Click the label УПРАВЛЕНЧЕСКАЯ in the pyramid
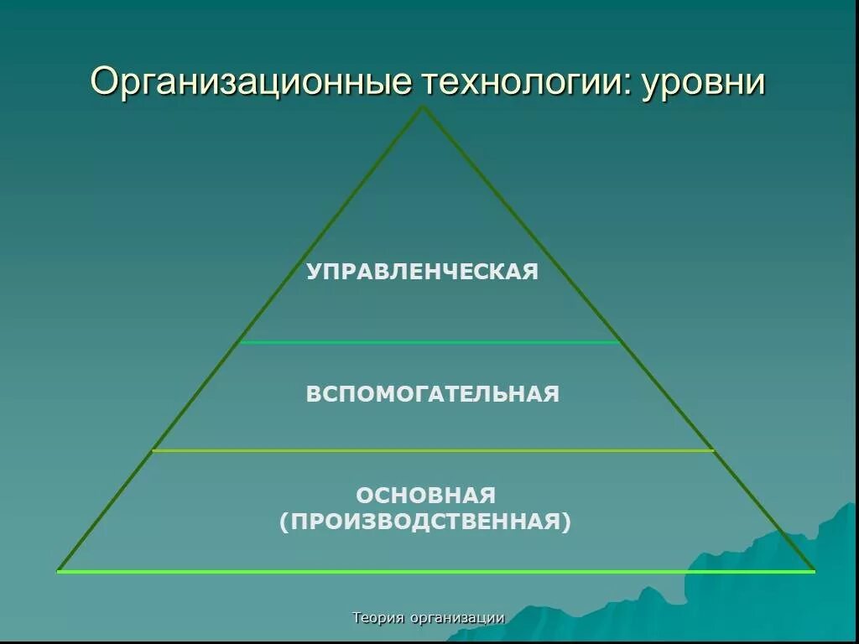(x=422, y=272)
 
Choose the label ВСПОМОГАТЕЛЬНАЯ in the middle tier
(x=432, y=394)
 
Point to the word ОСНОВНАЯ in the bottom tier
(x=425, y=495)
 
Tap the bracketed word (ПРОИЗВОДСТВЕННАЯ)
(x=425, y=522)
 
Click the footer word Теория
(x=378, y=618)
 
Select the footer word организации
(x=457, y=618)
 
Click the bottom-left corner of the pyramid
(x=58, y=571)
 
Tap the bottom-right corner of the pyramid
(x=814, y=571)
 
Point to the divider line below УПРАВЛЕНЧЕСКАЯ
(x=429, y=342)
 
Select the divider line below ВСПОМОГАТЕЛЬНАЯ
(x=432, y=451)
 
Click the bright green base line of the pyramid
(x=436, y=571)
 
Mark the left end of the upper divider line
(x=241, y=342)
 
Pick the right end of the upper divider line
(x=620, y=342)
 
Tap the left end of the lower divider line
(x=153, y=451)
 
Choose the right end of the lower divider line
(x=713, y=451)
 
